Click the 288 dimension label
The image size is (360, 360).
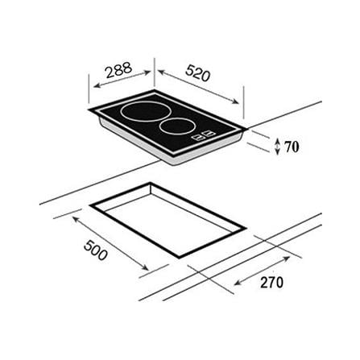tap(119, 70)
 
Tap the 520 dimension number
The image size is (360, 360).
tap(197, 73)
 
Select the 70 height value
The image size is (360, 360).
tap(292, 147)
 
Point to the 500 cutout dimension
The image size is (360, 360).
tap(96, 250)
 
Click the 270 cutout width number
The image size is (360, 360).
tap(271, 282)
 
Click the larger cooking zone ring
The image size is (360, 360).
tap(144, 121)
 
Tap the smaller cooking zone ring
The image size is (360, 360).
tap(177, 134)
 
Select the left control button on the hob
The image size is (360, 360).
tap(199, 137)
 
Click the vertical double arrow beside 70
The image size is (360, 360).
tap(278, 147)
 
